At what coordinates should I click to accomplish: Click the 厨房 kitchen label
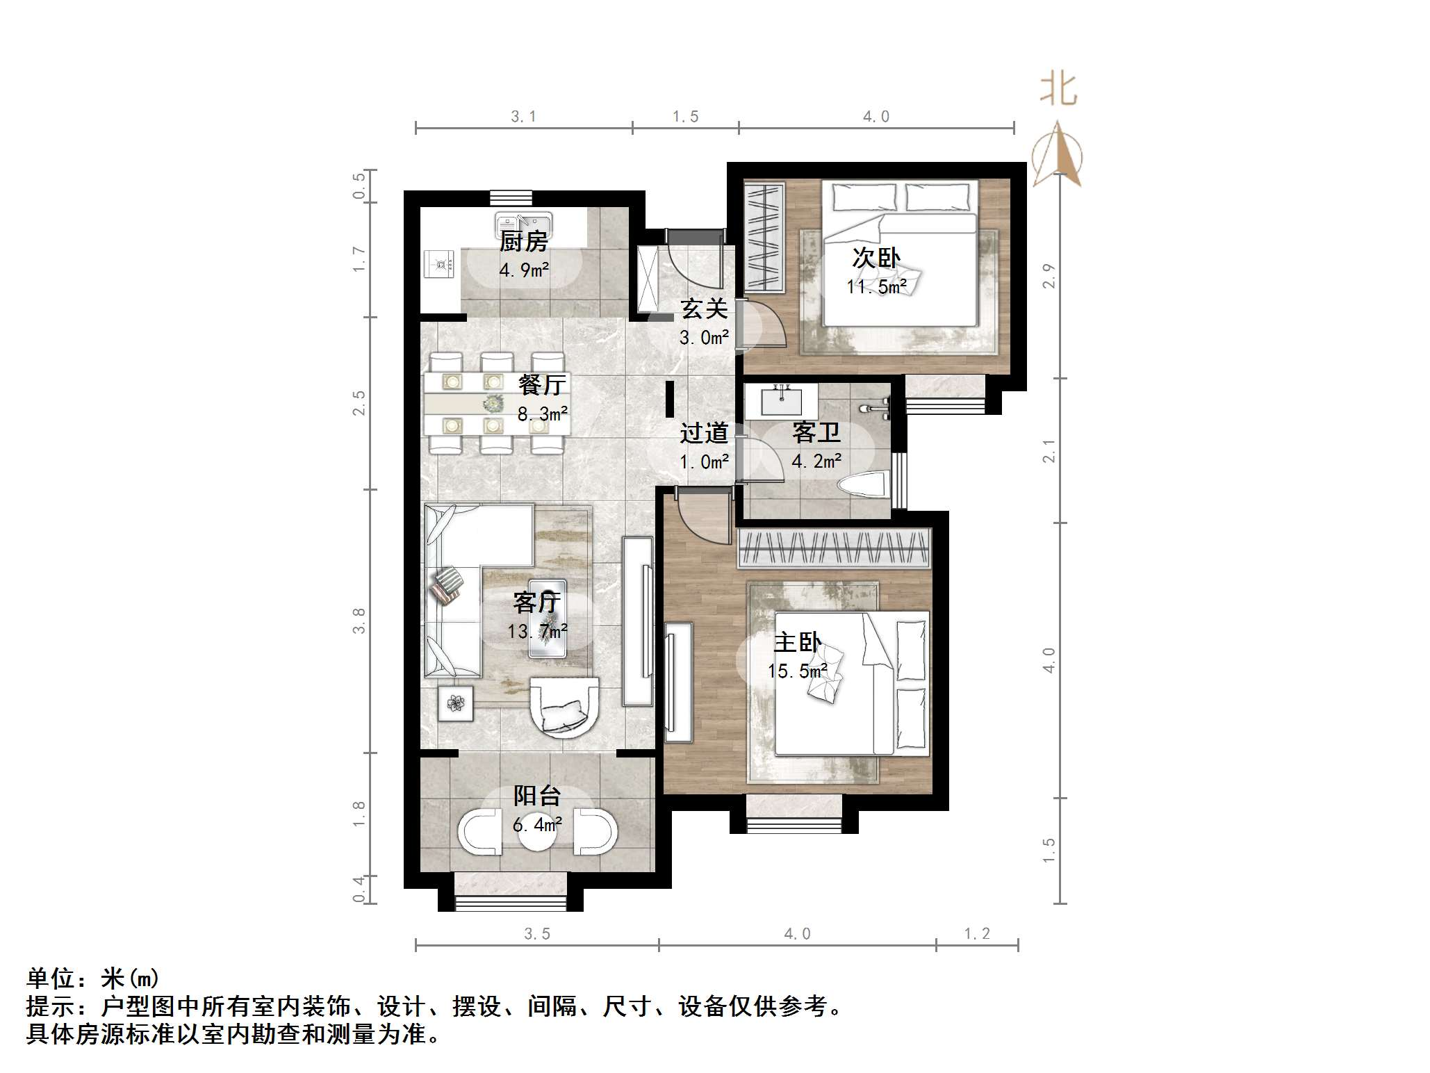523,242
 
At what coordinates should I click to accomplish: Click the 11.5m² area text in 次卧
876,286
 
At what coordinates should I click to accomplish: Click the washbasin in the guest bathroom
781,400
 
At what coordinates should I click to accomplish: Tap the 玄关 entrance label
703,309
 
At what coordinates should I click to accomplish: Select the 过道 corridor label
703,433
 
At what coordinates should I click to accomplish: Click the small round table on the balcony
537,831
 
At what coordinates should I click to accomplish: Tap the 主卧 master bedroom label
797,642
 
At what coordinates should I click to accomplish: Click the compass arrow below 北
1057,154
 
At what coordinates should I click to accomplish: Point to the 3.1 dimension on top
523,117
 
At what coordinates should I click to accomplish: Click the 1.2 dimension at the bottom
976,934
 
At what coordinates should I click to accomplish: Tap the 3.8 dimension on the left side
359,620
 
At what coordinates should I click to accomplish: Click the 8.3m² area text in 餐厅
543,415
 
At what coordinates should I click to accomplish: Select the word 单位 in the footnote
51,978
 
